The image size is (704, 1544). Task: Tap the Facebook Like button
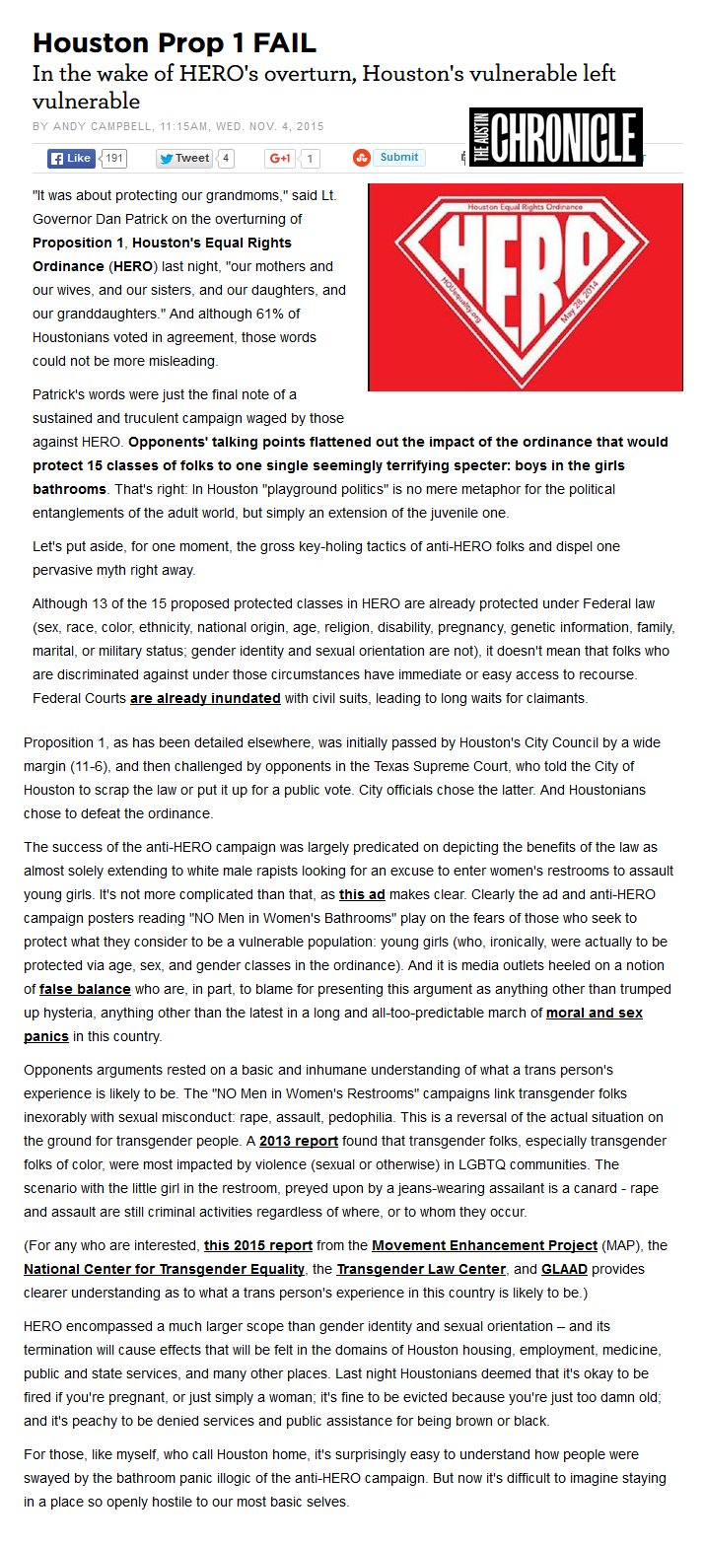(x=71, y=158)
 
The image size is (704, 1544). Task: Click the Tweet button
(x=184, y=158)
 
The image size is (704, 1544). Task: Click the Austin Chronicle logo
(x=556, y=137)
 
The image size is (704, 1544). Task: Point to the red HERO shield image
(x=525, y=286)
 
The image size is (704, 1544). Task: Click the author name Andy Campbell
(x=101, y=126)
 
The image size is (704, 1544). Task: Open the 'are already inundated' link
(x=204, y=698)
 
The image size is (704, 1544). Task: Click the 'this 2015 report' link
(x=258, y=1244)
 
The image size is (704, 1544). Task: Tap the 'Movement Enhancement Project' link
(x=484, y=1244)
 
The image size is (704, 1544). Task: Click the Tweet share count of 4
(x=226, y=158)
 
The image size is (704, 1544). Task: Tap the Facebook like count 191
(x=114, y=158)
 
